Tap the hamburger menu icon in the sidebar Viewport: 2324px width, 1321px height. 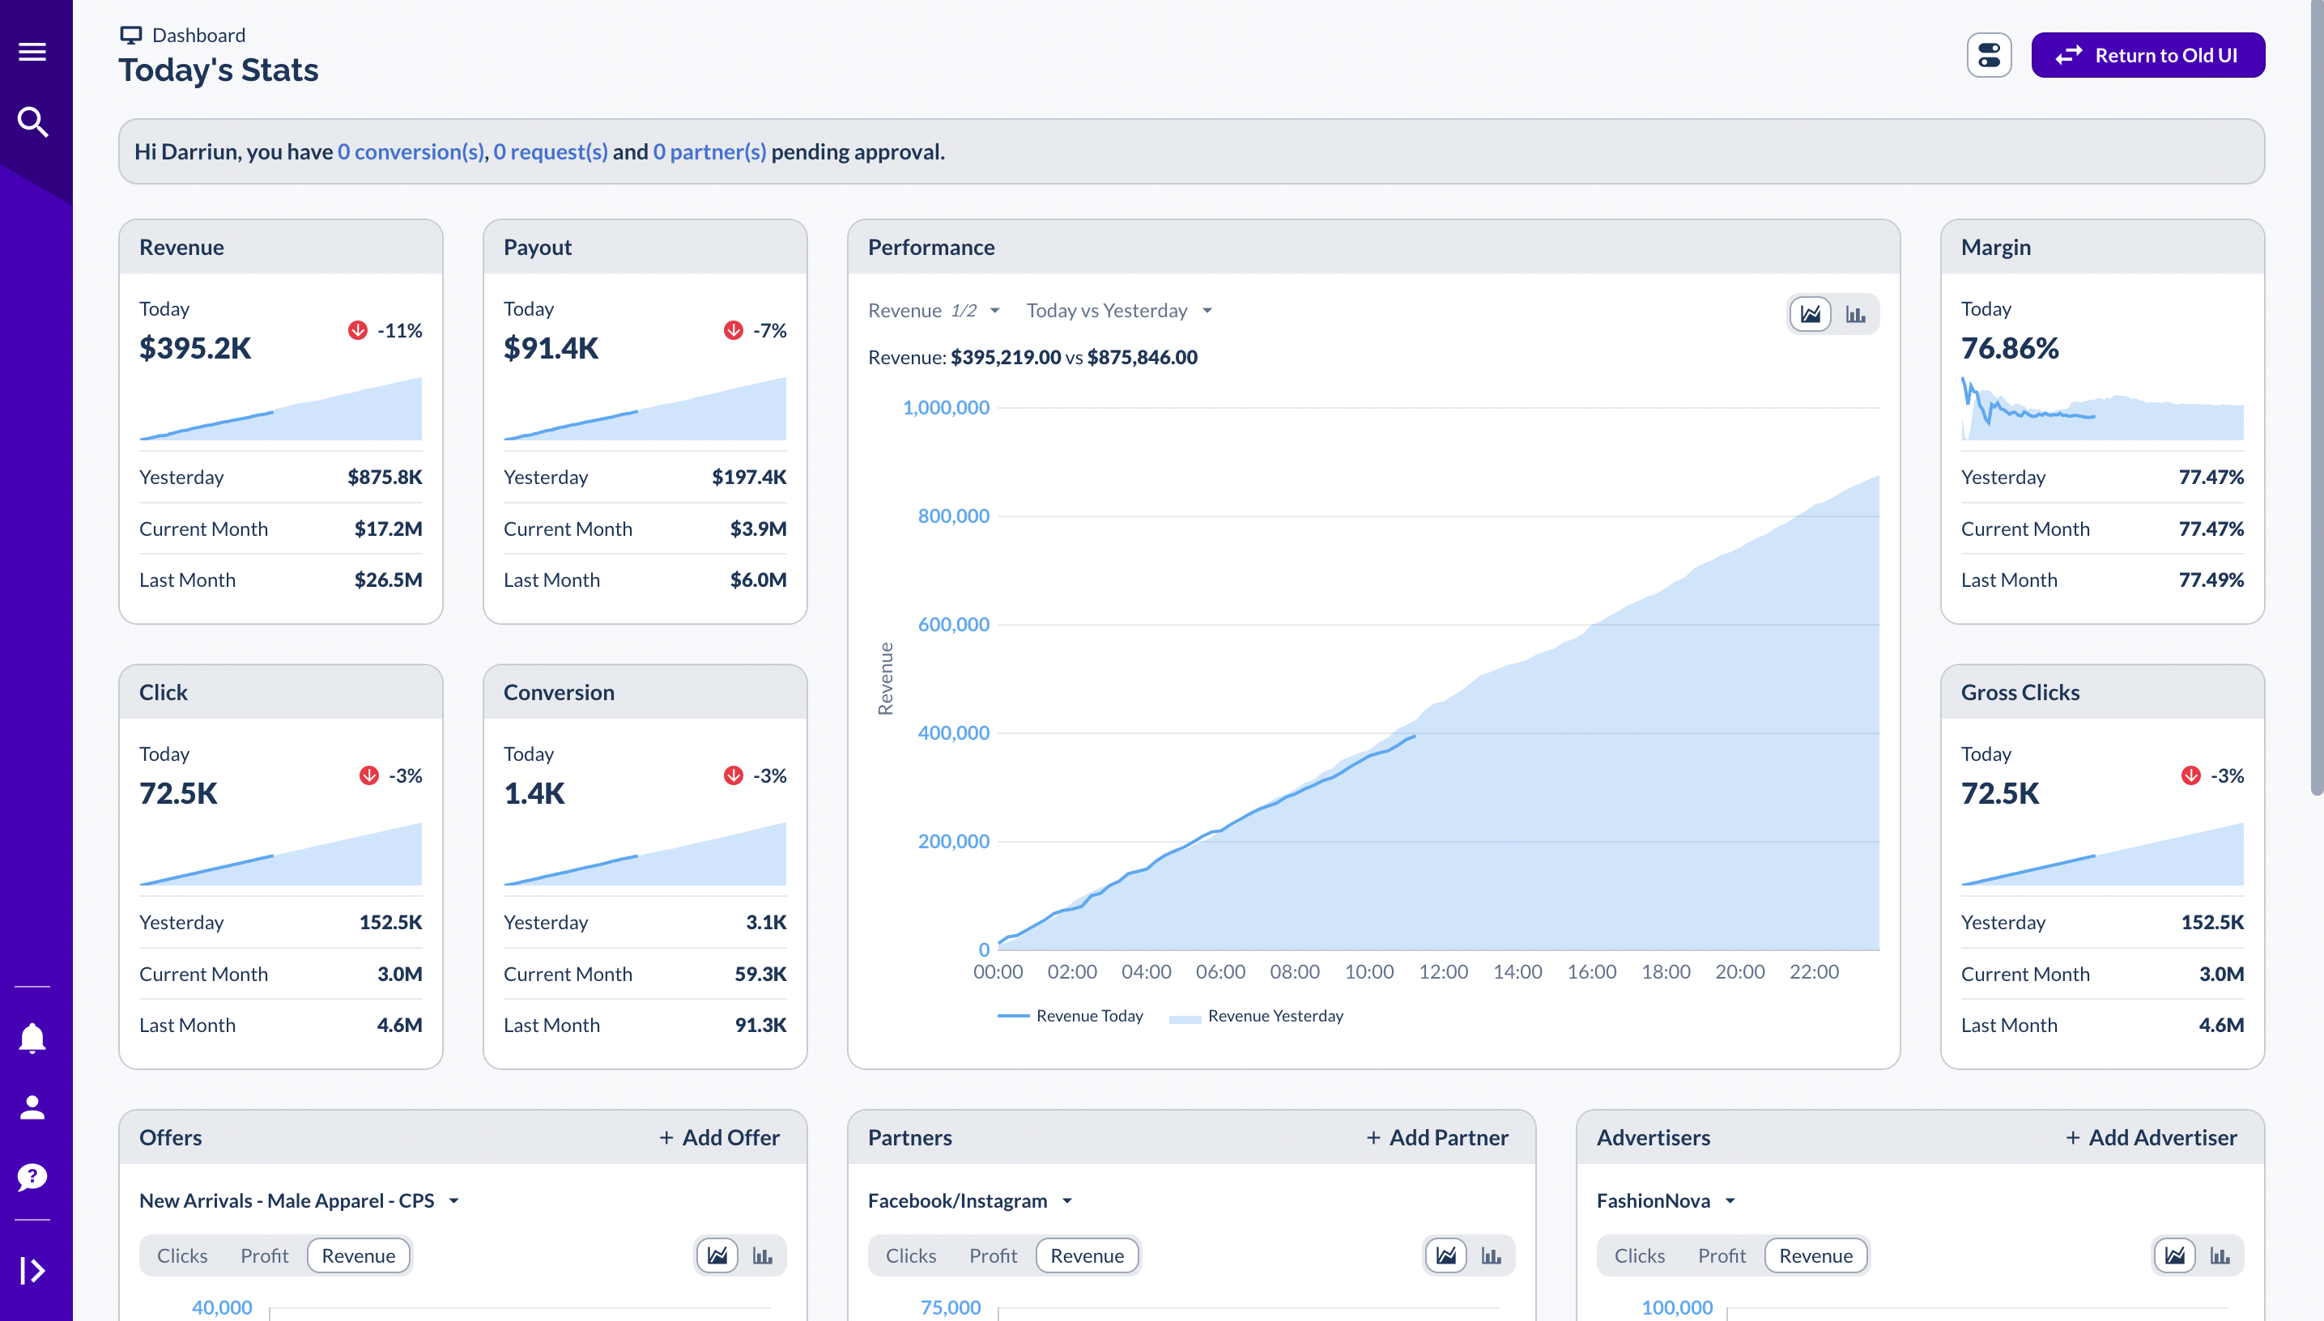pyautogui.click(x=32, y=52)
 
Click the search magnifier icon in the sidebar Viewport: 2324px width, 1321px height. pyautogui.click(x=32, y=121)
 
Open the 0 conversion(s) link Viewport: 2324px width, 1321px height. pyautogui.click(x=411, y=151)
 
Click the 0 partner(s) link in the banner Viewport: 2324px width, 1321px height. pyautogui.click(x=709, y=151)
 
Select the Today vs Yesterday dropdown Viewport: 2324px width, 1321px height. pyautogui.click(x=1118, y=310)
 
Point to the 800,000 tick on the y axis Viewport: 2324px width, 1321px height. pyautogui.click(x=953, y=516)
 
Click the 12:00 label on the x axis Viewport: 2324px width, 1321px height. pyautogui.click(x=1443, y=971)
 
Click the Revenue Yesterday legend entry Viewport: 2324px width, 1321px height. pyautogui.click(x=1274, y=1016)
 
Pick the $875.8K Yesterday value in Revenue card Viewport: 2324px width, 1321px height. pyautogui.click(x=385, y=478)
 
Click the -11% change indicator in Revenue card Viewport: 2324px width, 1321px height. pyautogui.click(x=386, y=330)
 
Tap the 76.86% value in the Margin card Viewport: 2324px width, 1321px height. pyautogui.click(x=2009, y=348)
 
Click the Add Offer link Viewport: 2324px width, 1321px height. pyautogui.click(x=720, y=1138)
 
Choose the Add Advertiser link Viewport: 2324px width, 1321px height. pyautogui.click(x=2151, y=1138)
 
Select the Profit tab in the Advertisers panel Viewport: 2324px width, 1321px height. pyautogui.click(x=1722, y=1255)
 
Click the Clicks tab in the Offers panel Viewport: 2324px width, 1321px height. pyautogui.click(x=182, y=1255)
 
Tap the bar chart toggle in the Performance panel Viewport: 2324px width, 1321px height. pyautogui.click(x=1855, y=315)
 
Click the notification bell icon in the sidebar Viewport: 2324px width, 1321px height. pyautogui.click(x=32, y=1038)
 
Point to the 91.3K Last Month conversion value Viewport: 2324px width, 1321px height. pyautogui.click(x=760, y=1026)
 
